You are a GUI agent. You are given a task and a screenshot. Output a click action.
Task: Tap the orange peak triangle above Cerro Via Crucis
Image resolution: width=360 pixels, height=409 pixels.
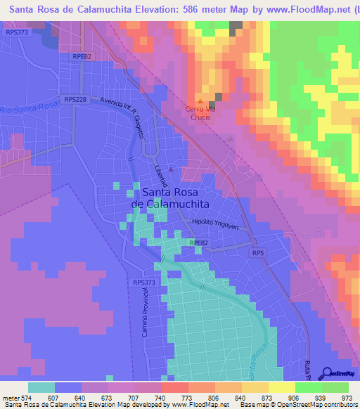click(x=200, y=101)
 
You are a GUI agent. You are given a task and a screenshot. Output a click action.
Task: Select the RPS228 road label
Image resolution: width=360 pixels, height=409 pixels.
click(x=75, y=100)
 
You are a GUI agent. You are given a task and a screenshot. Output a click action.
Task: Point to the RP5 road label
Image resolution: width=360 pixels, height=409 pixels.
click(x=258, y=253)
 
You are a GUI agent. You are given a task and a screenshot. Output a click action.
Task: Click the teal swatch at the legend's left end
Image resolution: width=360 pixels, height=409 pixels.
click(x=41, y=387)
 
